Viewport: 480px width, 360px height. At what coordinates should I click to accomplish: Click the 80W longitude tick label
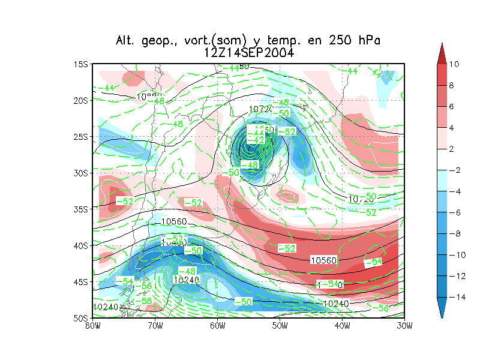(x=92, y=326)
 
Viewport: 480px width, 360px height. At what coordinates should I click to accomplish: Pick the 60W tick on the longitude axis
(x=217, y=326)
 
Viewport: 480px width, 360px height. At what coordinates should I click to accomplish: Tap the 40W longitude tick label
(x=342, y=326)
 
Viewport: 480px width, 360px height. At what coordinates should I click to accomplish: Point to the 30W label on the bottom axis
(x=404, y=326)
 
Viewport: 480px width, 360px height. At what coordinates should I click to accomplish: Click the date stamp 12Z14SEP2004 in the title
(x=249, y=53)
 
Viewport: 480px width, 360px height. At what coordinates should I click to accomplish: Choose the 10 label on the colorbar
(x=454, y=64)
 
